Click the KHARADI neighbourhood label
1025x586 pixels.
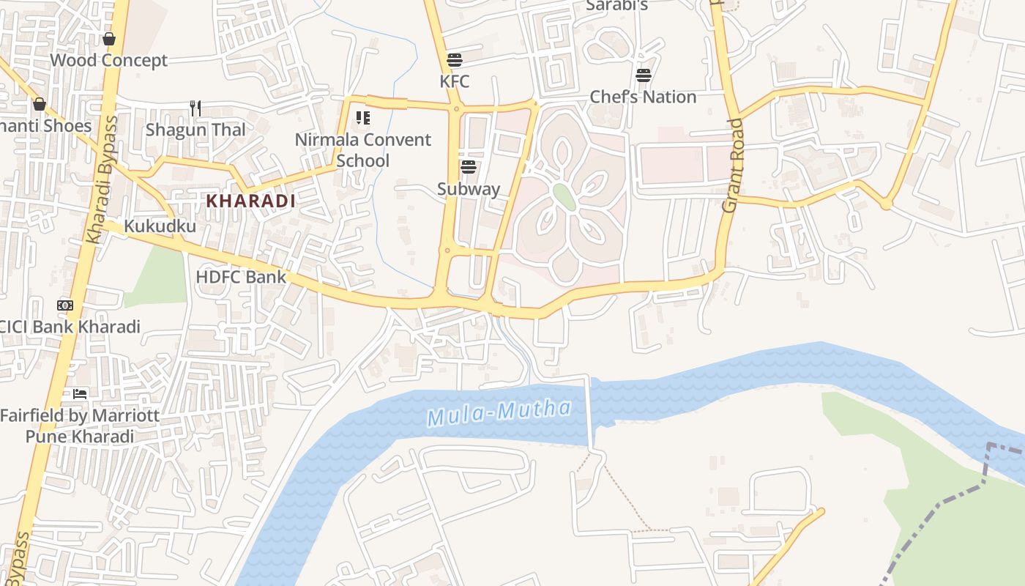[x=250, y=201]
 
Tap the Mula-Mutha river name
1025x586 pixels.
[x=499, y=412]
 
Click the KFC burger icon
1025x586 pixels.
[x=455, y=59]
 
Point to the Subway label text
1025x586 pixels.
[x=469, y=189]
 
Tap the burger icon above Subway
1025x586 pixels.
[x=469, y=167]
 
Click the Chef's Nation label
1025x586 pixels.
[x=643, y=97]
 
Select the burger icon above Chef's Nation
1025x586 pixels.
[x=644, y=75]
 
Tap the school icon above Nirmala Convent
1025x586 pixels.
[x=363, y=117]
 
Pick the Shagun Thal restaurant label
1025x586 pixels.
[x=195, y=130]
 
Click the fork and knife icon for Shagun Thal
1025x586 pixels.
[x=195, y=108]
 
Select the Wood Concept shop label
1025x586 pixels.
[x=109, y=60]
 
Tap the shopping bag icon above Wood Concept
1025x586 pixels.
[x=109, y=39]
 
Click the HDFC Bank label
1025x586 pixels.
[x=241, y=277]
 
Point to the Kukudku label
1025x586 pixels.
[x=160, y=226]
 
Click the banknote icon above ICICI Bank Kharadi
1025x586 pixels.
[x=65, y=305]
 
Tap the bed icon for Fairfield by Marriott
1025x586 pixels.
[x=79, y=393]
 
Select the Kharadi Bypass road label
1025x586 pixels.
[x=102, y=179]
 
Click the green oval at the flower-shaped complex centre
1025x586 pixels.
[x=564, y=196]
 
